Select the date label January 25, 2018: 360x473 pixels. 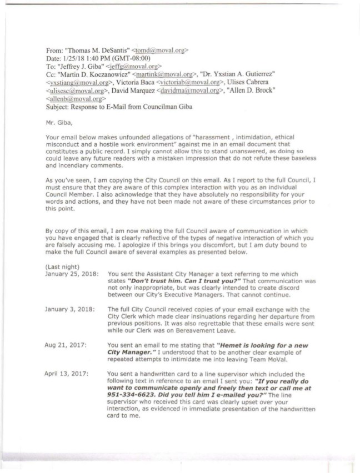(x=72, y=274)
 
